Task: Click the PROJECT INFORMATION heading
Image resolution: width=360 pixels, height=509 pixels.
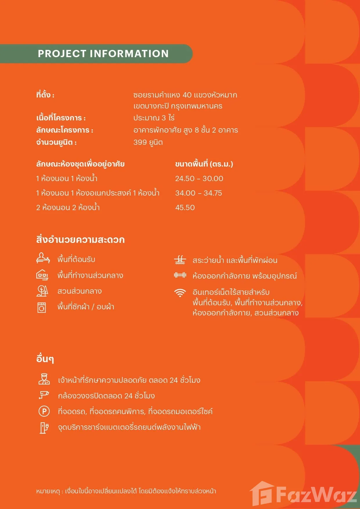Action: click(103, 54)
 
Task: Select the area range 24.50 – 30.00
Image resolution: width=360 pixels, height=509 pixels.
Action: click(199, 178)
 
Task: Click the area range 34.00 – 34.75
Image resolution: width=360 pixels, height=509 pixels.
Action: click(198, 193)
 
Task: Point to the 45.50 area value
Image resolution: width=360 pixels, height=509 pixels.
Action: click(185, 207)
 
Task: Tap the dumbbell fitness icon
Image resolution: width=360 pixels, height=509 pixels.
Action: click(180, 275)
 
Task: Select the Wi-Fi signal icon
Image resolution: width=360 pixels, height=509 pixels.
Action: click(180, 293)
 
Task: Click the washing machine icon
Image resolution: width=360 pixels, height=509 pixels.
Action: click(42, 307)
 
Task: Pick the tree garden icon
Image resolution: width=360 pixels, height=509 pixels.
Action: click(42, 291)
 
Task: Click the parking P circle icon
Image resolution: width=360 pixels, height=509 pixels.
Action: click(44, 411)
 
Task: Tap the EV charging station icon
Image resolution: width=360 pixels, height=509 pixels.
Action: click(44, 427)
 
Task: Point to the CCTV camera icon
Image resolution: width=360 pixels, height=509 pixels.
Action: click(44, 395)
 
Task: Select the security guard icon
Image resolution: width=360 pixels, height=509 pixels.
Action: click(44, 379)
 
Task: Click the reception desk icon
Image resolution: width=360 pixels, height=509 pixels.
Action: click(43, 258)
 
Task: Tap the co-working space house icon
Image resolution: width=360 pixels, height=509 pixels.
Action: click(42, 275)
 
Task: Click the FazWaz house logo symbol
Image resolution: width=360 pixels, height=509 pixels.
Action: click(262, 493)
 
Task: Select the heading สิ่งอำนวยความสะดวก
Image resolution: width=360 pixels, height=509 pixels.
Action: click(80, 240)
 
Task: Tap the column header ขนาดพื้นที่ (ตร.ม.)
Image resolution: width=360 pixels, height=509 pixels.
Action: click(204, 164)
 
